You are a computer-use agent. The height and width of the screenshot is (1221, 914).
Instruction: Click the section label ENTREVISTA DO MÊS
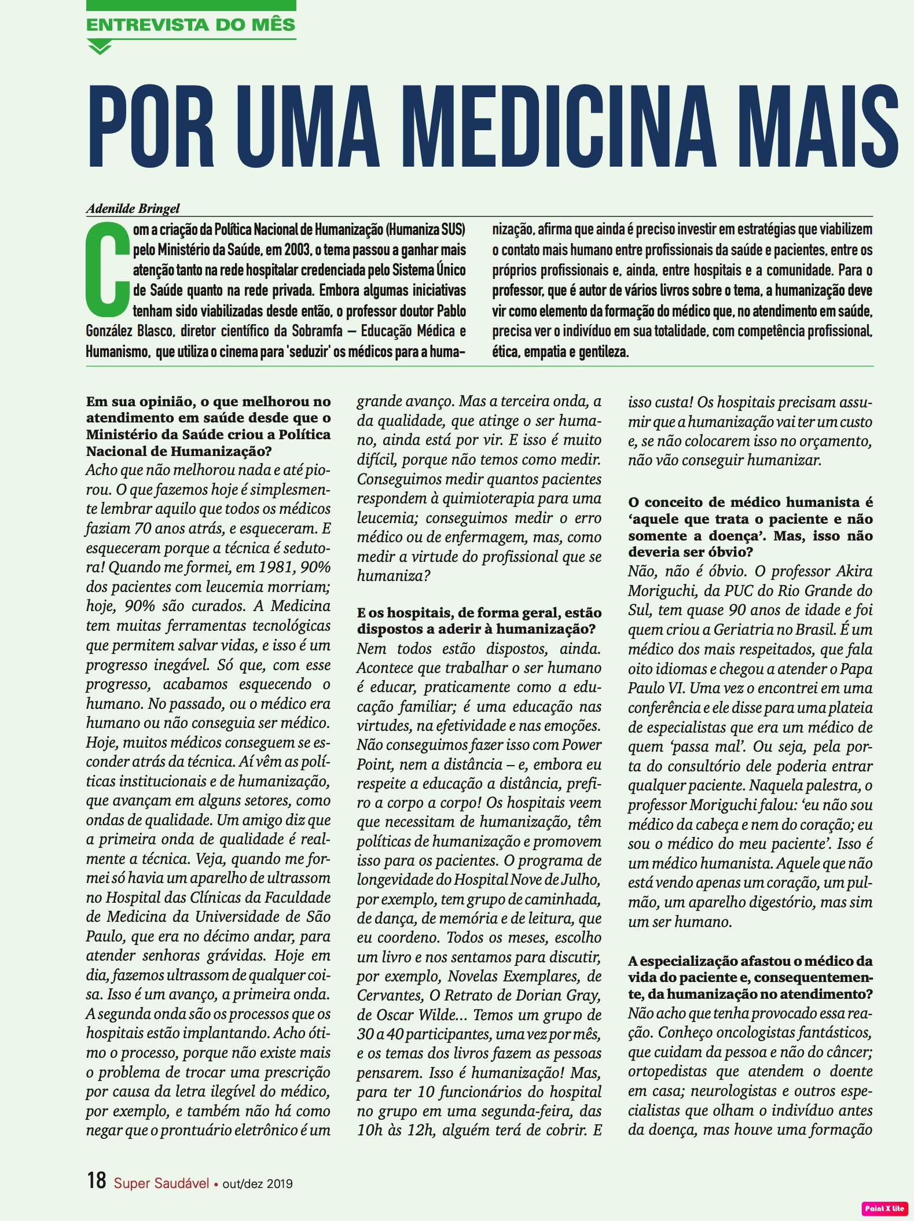click(190, 25)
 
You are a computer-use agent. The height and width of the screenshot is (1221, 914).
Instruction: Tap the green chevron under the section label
click(100, 47)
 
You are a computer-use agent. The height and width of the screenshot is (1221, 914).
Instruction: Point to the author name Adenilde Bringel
click(133, 208)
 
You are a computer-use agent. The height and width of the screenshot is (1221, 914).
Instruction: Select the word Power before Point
click(582, 745)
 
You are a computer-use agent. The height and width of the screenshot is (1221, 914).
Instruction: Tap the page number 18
click(97, 1180)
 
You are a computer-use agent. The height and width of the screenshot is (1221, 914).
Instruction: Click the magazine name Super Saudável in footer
click(161, 1183)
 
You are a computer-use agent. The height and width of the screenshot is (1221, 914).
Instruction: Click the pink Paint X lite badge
click(884, 1208)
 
